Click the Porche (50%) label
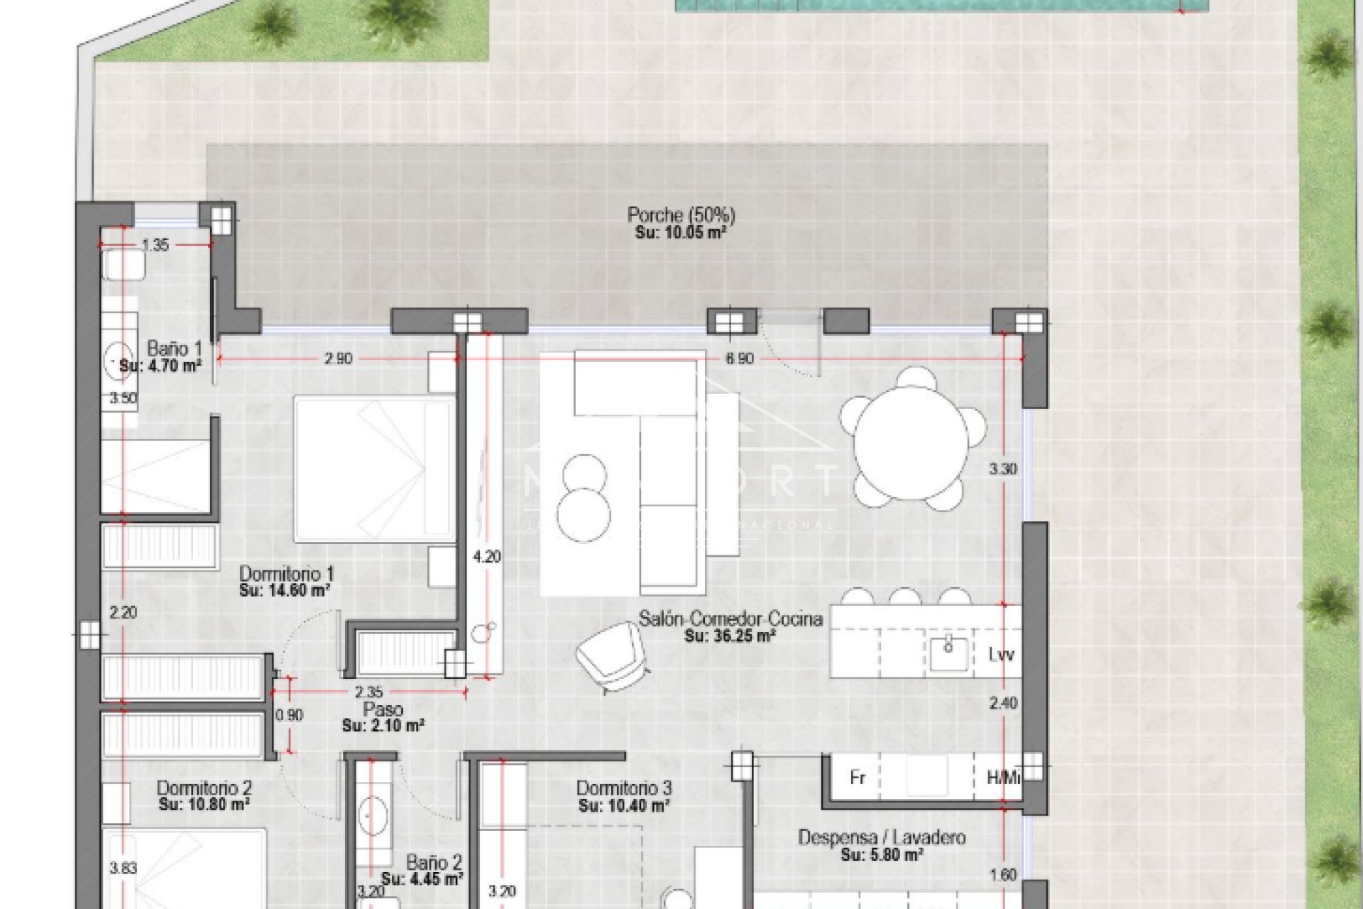(x=681, y=214)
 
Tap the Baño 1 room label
(x=175, y=349)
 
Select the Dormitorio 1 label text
(x=286, y=573)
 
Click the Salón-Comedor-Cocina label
(x=730, y=619)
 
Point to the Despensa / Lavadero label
(x=882, y=837)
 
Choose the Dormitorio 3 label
(x=623, y=788)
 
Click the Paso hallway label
(x=383, y=709)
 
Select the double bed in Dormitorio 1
(x=373, y=469)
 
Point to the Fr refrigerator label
(x=858, y=778)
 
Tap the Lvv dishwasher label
(x=1001, y=654)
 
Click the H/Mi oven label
(x=1003, y=778)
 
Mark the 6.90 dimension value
(x=739, y=359)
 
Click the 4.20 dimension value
(x=487, y=557)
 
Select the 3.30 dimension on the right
(x=1003, y=469)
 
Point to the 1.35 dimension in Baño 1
(x=155, y=246)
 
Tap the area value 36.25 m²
(x=729, y=636)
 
